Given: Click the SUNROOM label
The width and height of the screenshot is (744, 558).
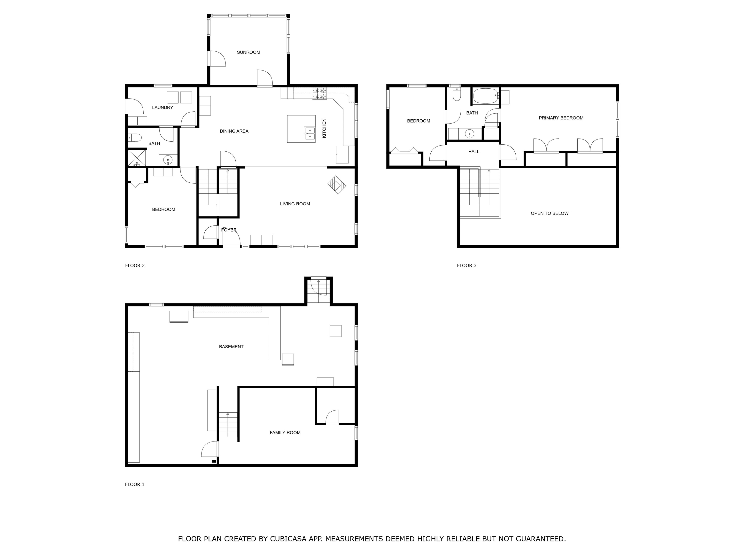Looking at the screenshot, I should [248, 52].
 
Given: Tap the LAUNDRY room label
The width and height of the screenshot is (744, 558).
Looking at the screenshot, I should [163, 108].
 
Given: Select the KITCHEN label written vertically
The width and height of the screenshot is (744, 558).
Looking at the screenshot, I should [324, 128].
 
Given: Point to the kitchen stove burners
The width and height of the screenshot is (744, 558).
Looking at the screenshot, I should [319, 93].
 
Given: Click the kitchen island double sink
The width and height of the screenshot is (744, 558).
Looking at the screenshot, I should [310, 133].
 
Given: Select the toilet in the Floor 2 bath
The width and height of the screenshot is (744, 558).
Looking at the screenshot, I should [135, 138].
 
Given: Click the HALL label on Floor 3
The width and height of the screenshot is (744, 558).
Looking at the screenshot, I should [473, 152].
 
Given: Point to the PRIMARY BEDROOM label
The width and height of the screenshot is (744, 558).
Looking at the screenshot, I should [561, 118].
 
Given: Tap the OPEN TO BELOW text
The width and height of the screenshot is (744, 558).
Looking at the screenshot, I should [549, 213].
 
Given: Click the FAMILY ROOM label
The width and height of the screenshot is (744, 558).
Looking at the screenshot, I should [285, 433].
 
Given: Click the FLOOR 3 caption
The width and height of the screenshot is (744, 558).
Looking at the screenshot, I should [466, 265].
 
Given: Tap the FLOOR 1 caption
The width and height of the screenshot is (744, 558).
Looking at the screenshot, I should [135, 484].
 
